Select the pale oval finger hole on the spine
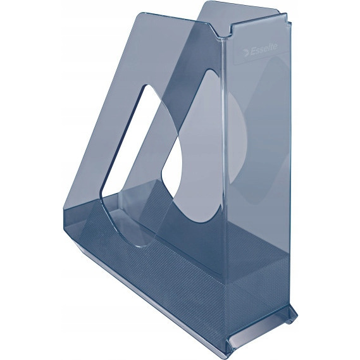[x=238, y=137]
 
